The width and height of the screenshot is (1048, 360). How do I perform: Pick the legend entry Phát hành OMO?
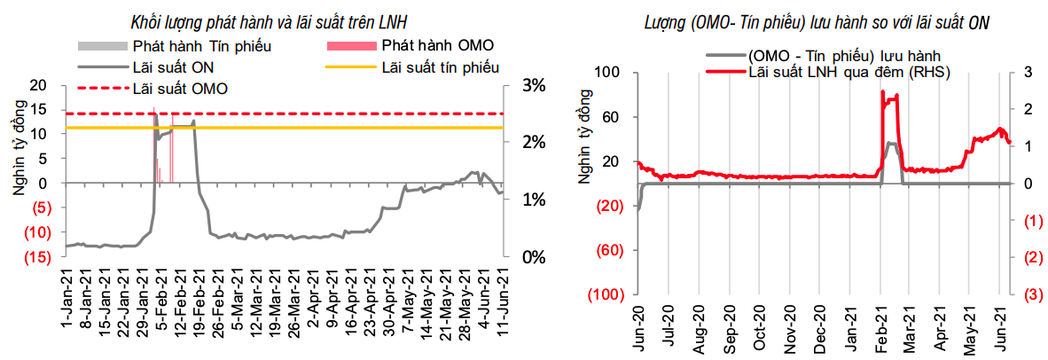[x=437, y=45]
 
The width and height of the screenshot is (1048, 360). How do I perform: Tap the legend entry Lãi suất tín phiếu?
[x=440, y=67]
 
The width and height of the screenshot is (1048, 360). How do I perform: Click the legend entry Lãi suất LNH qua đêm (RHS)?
[x=849, y=72]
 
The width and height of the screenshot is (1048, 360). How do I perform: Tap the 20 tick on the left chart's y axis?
[x=39, y=86]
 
